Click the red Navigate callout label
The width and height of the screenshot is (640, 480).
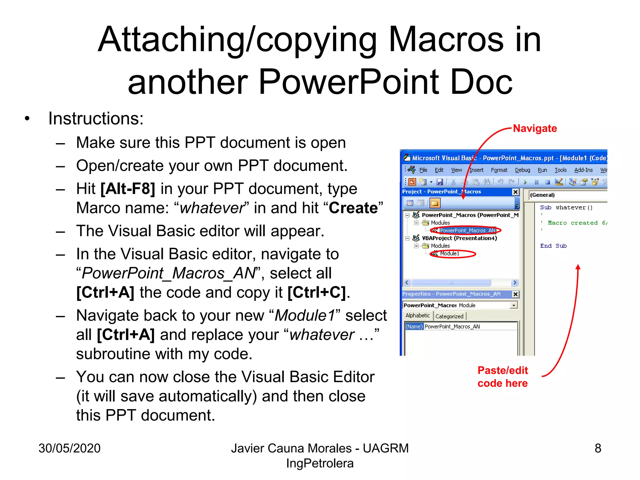[535, 128]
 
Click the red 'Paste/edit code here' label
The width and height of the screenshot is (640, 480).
[502, 377]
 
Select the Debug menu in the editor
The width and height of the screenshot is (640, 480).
[522, 170]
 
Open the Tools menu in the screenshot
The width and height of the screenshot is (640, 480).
[561, 170]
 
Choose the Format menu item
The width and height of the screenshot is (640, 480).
[499, 170]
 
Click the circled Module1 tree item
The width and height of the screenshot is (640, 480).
[450, 253]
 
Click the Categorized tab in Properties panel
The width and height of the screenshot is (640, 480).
[449, 316]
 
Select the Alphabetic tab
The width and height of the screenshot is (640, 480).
[417, 316]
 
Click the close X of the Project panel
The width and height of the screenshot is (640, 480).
[516, 192]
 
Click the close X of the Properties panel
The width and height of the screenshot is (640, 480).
[516, 294]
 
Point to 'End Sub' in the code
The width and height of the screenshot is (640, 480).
[553, 246]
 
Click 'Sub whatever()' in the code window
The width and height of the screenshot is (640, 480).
[566, 207]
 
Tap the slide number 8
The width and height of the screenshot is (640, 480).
[598, 448]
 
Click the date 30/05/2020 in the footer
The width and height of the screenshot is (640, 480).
[69, 448]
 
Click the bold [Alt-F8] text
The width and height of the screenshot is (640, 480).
[128, 189]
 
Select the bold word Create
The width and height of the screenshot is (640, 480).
[353, 208]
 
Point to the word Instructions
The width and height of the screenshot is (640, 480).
[96, 119]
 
